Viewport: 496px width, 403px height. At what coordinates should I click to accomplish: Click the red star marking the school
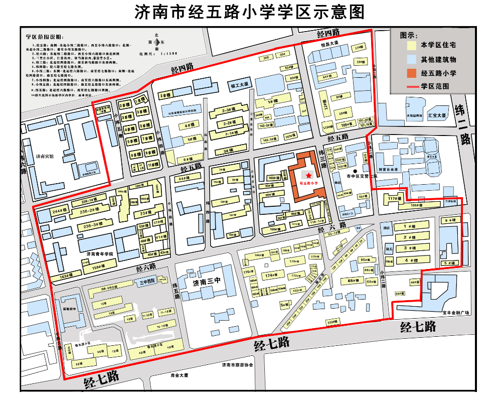coord(308,175)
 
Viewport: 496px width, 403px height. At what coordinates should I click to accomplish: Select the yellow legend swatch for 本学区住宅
coord(411,45)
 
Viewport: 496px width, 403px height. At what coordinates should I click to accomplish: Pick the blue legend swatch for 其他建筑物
coord(411,59)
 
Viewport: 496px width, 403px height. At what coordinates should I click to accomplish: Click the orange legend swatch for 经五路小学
coord(411,73)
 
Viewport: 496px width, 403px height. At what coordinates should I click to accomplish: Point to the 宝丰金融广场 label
coord(456,313)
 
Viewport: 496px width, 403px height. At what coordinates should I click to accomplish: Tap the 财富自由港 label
coord(388,170)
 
